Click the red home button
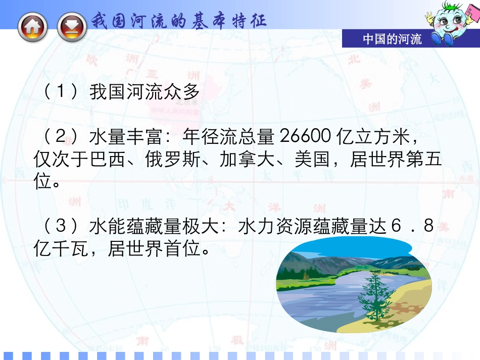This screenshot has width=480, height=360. point(33,26)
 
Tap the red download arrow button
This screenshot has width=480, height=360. point(72,26)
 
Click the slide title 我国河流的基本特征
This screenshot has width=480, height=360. point(179,21)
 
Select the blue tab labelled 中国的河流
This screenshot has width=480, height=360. point(392,39)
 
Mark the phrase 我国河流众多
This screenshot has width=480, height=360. point(145,92)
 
